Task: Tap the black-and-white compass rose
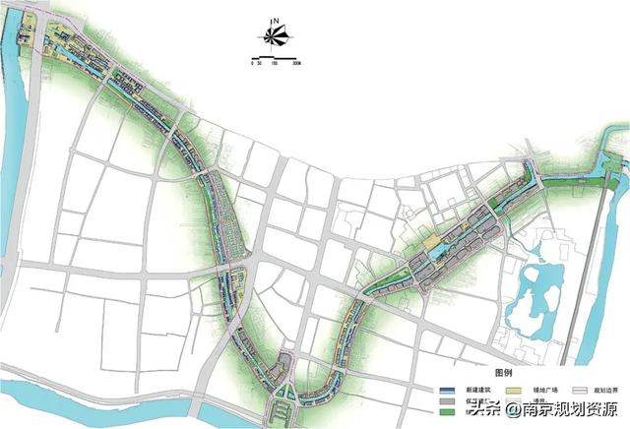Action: (x=276, y=38)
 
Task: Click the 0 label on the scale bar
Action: (x=253, y=64)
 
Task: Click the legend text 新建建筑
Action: (x=478, y=391)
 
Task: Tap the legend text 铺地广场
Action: (x=539, y=391)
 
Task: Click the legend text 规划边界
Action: (x=602, y=391)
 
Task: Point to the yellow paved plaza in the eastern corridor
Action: (x=430, y=241)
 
